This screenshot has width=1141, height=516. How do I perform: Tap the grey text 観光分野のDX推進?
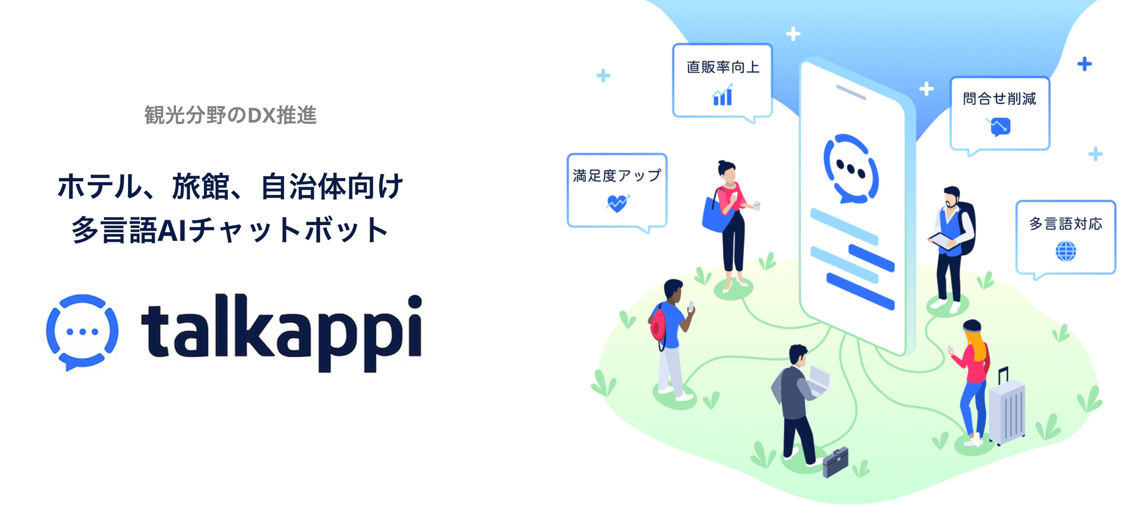[x=231, y=115]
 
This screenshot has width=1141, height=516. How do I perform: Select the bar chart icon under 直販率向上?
[x=723, y=95]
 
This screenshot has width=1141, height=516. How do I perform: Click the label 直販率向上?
[x=723, y=67]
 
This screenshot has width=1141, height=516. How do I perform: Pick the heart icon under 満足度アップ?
[x=617, y=203]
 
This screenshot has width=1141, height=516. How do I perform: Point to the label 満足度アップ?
[x=617, y=176]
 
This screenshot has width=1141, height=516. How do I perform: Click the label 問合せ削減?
[x=999, y=99]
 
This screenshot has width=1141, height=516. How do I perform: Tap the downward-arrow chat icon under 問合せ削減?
[x=999, y=126]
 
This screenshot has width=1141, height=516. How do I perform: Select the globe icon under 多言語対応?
[x=1066, y=251]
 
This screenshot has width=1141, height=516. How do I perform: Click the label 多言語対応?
[x=1066, y=224]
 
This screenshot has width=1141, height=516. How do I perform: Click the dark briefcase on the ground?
[x=835, y=462]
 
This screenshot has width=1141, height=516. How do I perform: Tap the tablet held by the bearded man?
[x=943, y=241]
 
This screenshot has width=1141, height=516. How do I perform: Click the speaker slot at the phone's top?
[x=851, y=93]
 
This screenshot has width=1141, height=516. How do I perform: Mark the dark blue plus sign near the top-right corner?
[x=1084, y=64]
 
